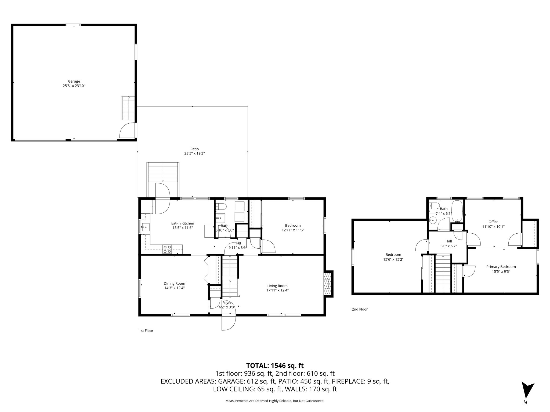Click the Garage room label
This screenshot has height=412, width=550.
tap(74, 81)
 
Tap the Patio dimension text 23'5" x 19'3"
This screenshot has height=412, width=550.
tap(194, 153)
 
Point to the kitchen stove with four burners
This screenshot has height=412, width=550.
tap(167, 249)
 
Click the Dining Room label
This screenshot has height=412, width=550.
tap(174, 283)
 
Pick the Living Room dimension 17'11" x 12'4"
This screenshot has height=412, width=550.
tap(277, 290)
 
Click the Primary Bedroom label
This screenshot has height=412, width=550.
tap(501, 267)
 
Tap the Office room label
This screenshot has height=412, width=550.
tap(493, 222)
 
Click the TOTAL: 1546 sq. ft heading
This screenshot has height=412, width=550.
tap(275, 365)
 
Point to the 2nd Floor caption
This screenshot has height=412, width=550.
tap(360, 309)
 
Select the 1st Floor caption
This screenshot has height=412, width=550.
tap(146, 331)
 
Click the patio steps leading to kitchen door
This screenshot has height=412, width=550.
tap(163, 172)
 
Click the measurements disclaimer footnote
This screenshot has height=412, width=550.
tap(275, 401)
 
